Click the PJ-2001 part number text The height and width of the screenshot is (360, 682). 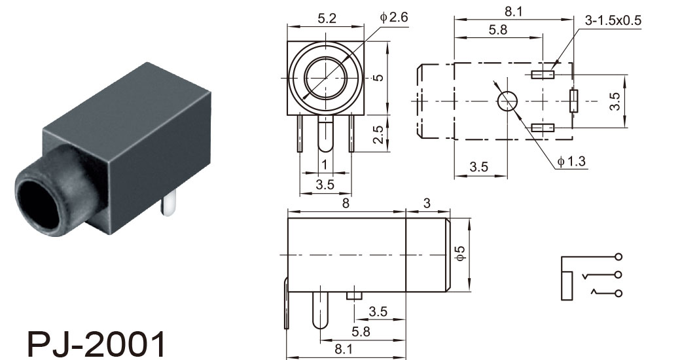pos(97,344)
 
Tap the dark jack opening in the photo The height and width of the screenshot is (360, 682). pos(38,204)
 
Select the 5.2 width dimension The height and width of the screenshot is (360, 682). pos(327,18)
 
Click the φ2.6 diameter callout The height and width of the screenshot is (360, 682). pos(394,18)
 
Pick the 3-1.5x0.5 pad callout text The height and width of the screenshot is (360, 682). pos(613,20)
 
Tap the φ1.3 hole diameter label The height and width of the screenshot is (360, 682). pos(571,162)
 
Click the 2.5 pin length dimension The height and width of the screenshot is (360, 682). pos(379,134)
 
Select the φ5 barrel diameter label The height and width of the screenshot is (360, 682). pos(459,253)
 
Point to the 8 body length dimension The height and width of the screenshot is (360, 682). pos(346,204)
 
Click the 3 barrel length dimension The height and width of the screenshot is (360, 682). pos(427,204)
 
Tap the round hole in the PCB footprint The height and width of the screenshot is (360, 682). pos(508,101)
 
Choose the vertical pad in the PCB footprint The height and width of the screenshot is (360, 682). pos(574,101)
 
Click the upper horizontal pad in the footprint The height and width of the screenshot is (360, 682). pos(543,75)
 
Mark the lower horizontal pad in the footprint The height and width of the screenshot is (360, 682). pos(543,128)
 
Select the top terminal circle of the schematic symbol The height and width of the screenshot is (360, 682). pos(619,257)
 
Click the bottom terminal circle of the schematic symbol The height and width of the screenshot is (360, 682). pos(619,293)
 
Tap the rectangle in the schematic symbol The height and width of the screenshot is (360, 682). pos(567,285)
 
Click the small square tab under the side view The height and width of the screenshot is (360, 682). pos(355,296)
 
